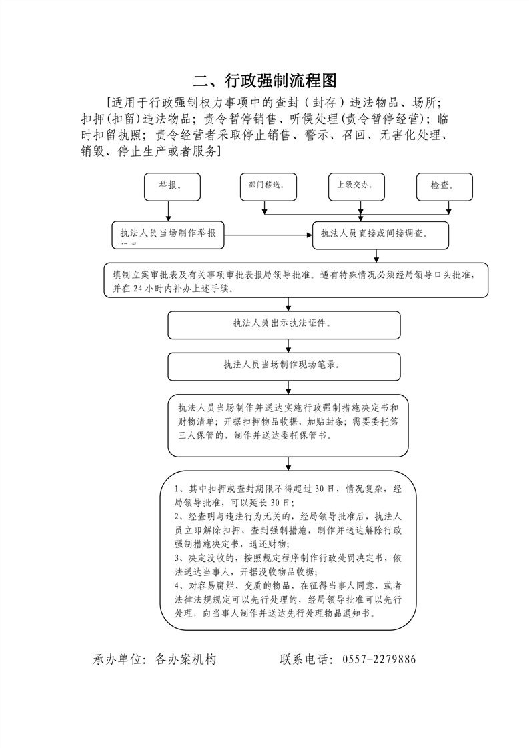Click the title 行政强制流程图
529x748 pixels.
[264, 81]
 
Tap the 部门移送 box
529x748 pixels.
[268, 187]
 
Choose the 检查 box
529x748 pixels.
[444, 187]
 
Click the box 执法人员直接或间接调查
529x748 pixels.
[380, 235]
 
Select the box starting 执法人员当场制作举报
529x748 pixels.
[169, 235]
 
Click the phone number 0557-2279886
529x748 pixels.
[379, 660]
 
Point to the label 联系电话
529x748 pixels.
[306, 660]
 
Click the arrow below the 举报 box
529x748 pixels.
[169, 211]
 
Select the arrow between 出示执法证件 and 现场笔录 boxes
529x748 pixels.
[288, 345]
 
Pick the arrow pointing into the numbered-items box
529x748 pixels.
[288, 463]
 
